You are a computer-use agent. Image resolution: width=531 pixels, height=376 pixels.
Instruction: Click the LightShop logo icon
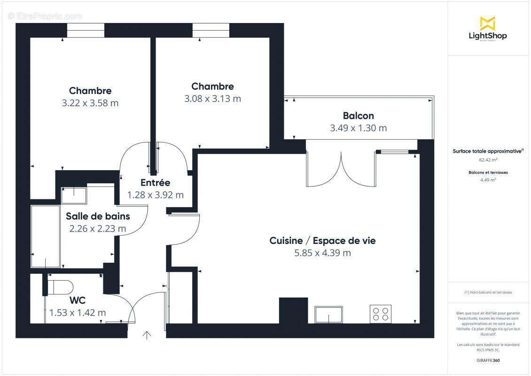click(x=487, y=23)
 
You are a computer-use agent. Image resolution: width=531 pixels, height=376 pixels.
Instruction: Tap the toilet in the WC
click(x=60, y=287)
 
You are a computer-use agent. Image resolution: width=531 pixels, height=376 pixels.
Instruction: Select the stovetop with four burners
click(x=381, y=313)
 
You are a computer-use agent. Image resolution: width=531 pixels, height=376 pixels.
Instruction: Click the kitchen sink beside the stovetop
click(x=329, y=314)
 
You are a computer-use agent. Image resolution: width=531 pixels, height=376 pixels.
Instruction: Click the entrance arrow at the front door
click(x=147, y=335)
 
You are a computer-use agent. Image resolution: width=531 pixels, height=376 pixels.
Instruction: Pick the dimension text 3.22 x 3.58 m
click(x=90, y=103)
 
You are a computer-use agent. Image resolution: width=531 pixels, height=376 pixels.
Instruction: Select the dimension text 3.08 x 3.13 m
click(x=212, y=99)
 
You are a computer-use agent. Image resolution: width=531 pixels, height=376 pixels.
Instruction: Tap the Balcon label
click(x=358, y=116)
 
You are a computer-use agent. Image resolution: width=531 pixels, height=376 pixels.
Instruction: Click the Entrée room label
click(x=155, y=183)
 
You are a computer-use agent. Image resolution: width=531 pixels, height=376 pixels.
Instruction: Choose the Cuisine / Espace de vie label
click(x=322, y=241)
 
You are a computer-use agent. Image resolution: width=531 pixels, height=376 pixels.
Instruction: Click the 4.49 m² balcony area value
click(x=488, y=179)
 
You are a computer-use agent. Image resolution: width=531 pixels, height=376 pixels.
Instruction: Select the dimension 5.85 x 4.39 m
click(x=322, y=253)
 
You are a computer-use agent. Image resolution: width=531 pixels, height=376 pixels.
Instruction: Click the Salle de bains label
click(x=98, y=216)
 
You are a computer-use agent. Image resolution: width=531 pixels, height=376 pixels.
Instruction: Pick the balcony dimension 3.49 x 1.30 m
click(x=358, y=128)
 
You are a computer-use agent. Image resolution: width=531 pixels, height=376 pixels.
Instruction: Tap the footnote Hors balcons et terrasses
click(x=488, y=292)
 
